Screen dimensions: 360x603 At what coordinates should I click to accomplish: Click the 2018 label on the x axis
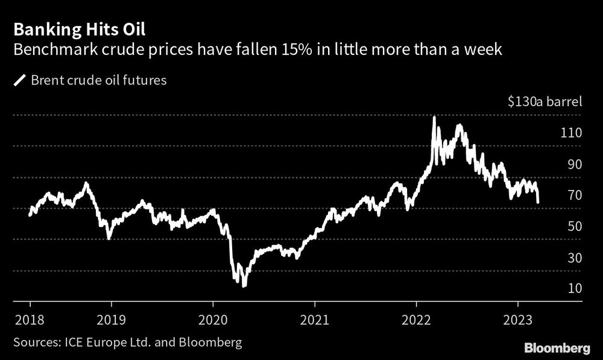pos(30,319)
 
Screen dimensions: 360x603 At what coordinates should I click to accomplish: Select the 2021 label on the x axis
pos(315,319)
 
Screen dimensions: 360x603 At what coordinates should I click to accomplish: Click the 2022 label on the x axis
pos(417,319)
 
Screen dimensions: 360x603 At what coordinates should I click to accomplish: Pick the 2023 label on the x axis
pos(518,319)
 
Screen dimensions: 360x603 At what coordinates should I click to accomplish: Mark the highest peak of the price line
pos(434,117)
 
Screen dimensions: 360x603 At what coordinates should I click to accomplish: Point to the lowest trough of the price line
pos(244,285)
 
